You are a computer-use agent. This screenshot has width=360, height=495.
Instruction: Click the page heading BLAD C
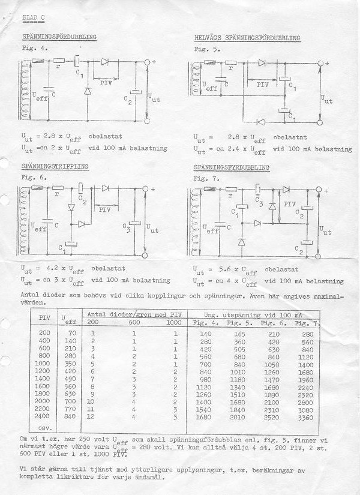(x=34, y=18)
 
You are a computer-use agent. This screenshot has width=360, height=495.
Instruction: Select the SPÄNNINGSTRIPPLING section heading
(x=55, y=166)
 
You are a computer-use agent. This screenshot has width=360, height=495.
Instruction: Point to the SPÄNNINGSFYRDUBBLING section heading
(x=232, y=167)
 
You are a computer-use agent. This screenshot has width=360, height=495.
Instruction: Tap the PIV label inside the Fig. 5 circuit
(x=263, y=84)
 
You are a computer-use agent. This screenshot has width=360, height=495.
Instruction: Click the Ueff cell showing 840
(x=71, y=416)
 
